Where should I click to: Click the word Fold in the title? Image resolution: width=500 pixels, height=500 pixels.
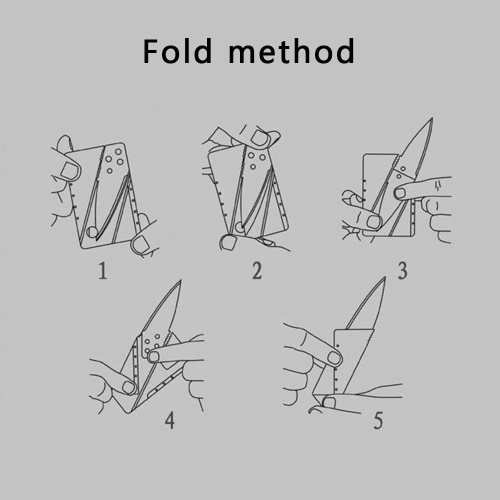click(x=177, y=51)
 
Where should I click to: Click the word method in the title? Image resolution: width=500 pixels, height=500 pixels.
click(x=291, y=51)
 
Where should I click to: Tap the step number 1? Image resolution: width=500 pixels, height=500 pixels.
click(x=102, y=271)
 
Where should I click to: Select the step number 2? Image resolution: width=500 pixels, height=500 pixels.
click(x=257, y=271)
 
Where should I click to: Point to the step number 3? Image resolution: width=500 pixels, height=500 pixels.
click(x=402, y=271)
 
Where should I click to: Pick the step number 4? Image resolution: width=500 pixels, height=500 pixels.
click(x=169, y=420)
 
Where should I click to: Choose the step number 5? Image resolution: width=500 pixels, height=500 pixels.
click(x=378, y=420)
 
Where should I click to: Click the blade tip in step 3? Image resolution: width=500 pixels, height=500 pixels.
click(x=432, y=118)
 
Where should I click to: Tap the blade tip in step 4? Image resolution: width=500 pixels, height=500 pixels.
click(x=180, y=280)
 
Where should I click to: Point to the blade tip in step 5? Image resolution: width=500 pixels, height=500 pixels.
click(x=384, y=277)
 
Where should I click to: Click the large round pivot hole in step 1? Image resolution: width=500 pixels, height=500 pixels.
click(x=92, y=232)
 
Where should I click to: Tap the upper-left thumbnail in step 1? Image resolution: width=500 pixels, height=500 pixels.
click(x=68, y=170)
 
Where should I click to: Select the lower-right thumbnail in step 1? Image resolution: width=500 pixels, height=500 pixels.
click(x=139, y=244)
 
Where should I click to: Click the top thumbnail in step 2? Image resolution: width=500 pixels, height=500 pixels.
click(x=259, y=138)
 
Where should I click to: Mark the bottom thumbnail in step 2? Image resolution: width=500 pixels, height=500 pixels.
click(x=228, y=242)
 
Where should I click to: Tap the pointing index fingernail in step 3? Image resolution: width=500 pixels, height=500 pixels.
click(x=400, y=193)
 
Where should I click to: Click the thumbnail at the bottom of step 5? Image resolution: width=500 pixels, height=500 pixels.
click(x=329, y=402)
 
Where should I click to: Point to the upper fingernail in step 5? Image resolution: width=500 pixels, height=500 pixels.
click(x=334, y=358)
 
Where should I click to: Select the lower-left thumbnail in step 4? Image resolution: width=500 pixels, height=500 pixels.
click(x=128, y=387)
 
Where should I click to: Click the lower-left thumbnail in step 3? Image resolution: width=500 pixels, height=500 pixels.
click(x=373, y=222)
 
